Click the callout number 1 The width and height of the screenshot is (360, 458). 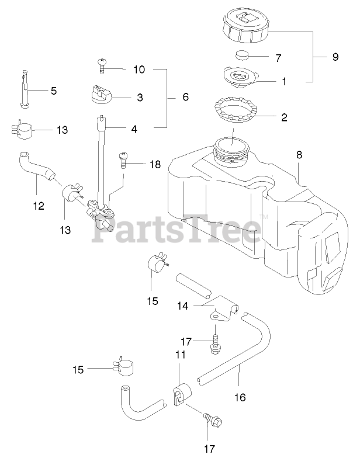click(284, 82)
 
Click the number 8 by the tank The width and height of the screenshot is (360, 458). click(299, 155)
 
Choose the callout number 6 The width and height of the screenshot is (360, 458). click(185, 97)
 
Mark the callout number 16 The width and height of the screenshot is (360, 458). click(240, 397)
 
